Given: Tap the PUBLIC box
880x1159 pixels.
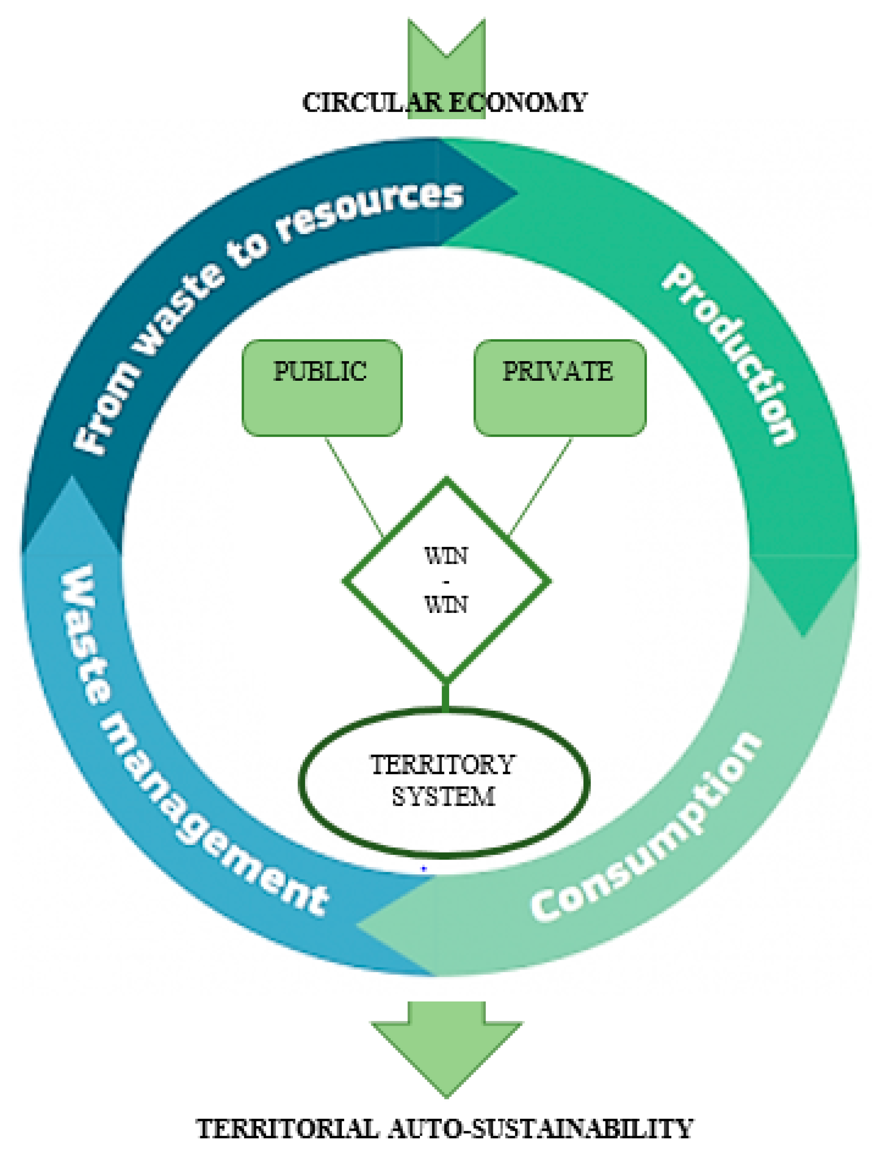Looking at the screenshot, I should click(x=321, y=388).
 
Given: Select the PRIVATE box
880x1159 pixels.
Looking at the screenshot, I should click(x=559, y=388).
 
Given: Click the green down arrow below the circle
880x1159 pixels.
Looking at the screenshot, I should click(x=446, y=1043).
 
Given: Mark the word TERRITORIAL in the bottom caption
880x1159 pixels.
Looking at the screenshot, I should click(x=287, y=1129).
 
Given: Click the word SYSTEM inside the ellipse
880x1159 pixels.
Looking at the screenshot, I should click(x=443, y=797).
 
